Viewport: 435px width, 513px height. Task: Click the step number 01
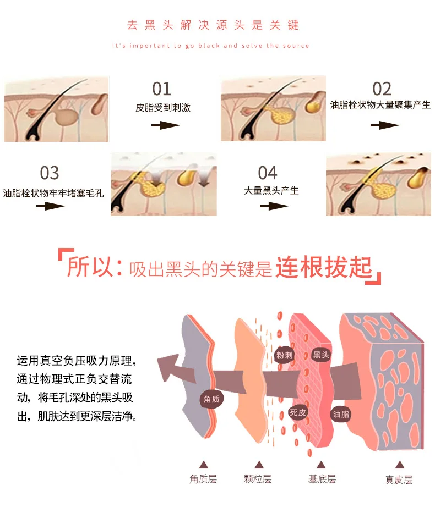tap(161, 89)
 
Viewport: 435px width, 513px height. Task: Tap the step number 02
tap(382, 89)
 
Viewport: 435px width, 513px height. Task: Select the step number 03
tap(50, 173)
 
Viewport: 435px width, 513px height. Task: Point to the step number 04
tap(268, 173)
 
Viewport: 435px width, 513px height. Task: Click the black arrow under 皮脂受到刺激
tap(166, 125)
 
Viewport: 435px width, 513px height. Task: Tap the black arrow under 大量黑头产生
tap(274, 206)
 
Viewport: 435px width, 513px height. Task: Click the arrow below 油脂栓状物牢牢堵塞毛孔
tap(51, 206)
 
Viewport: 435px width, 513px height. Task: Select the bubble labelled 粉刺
tap(284, 355)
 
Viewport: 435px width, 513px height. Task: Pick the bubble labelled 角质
tap(211, 399)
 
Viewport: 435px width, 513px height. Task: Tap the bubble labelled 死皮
tap(298, 412)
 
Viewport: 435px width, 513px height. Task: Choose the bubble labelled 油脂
tap(341, 414)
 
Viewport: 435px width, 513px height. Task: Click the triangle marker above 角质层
tap(204, 465)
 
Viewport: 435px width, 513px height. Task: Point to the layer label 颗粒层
tap(258, 479)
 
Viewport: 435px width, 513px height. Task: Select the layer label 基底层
tap(322, 479)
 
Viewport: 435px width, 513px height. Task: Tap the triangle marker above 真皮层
tap(399, 465)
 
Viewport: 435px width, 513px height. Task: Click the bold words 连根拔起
tap(324, 267)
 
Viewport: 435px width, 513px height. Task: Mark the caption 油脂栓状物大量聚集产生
tap(380, 104)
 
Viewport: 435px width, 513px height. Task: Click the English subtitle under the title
tap(211, 46)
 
